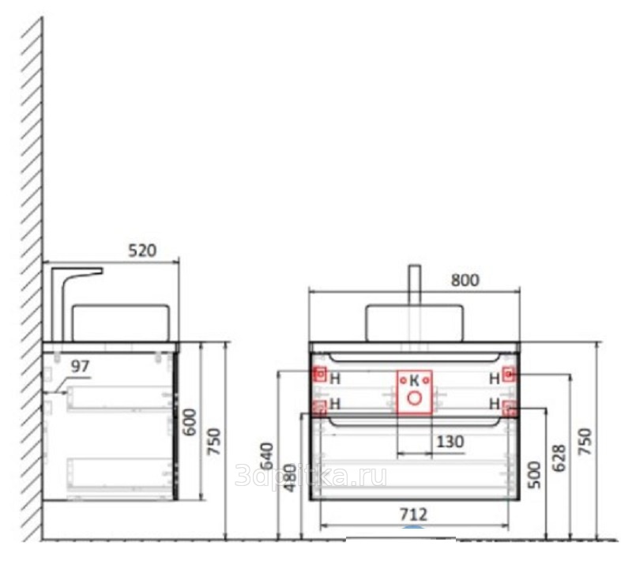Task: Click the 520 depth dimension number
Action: coord(142,251)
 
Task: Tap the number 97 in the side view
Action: coord(80,367)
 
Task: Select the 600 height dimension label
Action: coord(191,422)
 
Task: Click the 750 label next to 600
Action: coord(214,441)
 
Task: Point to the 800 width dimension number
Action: coord(465,280)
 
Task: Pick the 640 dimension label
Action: coord(267,456)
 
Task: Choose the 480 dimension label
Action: coord(290,478)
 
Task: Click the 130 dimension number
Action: coord(450,442)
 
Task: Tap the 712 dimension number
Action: coord(413,514)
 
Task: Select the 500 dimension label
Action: coord(534,475)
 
